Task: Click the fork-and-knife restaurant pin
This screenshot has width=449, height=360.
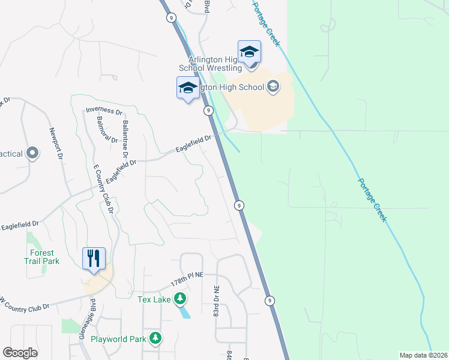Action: pos(94,259)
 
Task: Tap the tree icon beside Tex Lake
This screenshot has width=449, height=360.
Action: pos(179,299)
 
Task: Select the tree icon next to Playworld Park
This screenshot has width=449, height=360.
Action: pos(155,339)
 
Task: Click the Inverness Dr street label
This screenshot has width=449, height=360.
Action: pos(104,111)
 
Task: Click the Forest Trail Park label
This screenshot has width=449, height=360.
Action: pos(42,256)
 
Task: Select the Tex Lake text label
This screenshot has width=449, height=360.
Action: pos(154,299)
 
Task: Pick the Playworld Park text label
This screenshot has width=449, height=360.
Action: pos(118,339)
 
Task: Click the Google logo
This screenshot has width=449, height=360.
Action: pos(20,353)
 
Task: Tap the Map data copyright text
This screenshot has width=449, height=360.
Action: pos(423,355)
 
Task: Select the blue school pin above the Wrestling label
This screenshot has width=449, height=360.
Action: pos(249,52)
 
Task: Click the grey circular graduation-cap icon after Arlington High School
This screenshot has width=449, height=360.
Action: pos(273,87)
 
